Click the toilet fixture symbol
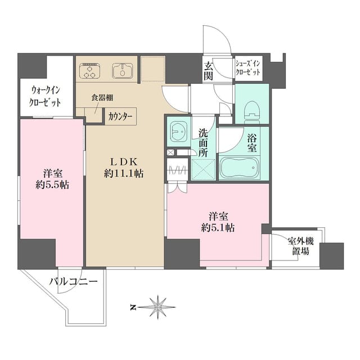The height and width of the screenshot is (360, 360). point(252,111)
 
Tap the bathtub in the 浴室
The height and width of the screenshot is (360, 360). point(240,168)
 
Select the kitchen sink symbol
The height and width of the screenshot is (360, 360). point(123,71)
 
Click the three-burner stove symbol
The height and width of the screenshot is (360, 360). point(90,71)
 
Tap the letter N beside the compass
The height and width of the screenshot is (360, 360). point(133,308)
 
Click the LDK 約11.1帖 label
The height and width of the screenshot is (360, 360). point(124,168)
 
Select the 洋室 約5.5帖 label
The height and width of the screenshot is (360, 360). point(52,179)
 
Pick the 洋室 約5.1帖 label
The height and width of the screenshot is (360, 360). point(218,222)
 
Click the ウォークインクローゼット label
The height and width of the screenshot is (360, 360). point(45,96)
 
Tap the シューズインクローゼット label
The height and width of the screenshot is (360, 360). point(248,68)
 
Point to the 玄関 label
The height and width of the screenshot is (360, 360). point(209,71)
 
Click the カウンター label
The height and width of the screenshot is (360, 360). point(120,117)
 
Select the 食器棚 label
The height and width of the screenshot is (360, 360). point(102,98)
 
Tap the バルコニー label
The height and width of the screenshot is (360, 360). point(74,281)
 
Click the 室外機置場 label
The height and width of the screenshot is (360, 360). point(300,246)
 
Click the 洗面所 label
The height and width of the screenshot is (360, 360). point(203,143)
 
